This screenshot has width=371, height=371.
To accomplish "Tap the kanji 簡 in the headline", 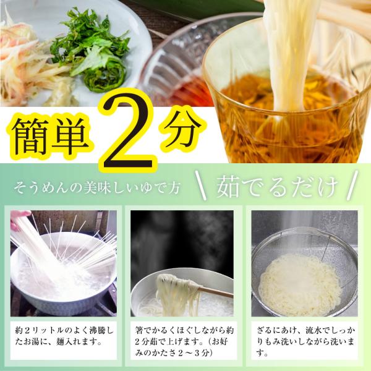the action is (x=31, y=137).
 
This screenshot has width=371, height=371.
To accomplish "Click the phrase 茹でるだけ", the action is (x=276, y=187).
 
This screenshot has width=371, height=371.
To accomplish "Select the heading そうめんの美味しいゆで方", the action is (x=97, y=188).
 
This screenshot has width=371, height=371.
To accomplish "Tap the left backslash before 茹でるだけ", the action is (x=200, y=185).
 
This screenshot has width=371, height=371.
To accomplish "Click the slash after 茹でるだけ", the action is (x=352, y=185).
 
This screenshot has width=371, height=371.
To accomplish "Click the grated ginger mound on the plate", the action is (x=62, y=95).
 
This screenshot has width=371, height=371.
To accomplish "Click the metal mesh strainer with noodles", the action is (x=305, y=272).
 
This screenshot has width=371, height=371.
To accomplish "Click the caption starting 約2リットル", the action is (x=64, y=336).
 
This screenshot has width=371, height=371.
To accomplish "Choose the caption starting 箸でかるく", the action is (x=184, y=341).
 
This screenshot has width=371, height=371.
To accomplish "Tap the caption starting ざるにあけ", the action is (x=305, y=341).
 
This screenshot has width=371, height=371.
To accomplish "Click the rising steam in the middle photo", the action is (x=182, y=241).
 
